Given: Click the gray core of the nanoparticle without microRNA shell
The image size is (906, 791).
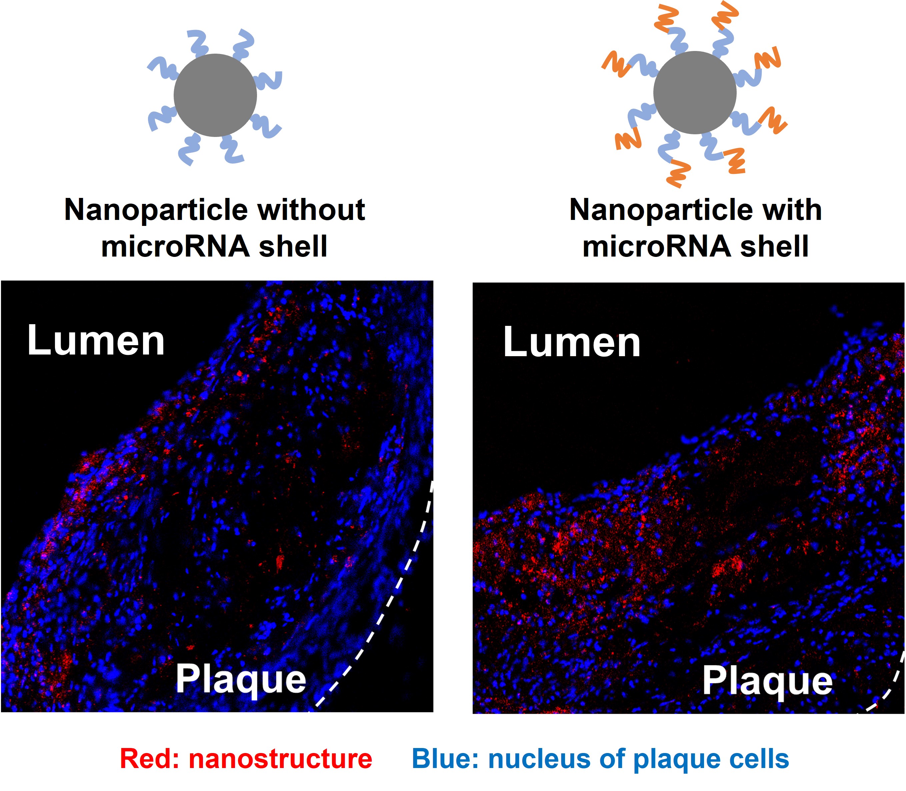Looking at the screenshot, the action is click(215, 95).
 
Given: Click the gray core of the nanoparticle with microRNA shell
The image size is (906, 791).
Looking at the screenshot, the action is click(695, 92).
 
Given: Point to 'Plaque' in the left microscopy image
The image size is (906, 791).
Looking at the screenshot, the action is click(241, 680).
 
